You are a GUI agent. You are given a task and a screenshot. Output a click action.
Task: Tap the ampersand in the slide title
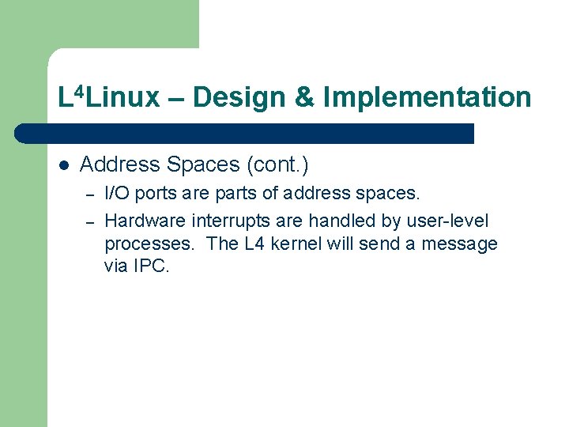coord(304,98)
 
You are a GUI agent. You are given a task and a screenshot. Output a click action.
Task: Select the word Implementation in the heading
coord(427,98)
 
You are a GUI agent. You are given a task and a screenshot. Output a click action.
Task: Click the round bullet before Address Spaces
coord(64,165)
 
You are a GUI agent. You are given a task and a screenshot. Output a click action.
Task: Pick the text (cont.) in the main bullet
coord(277,165)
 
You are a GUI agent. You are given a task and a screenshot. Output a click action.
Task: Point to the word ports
coord(156,193)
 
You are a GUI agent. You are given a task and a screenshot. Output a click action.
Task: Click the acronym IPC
coord(152,266)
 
